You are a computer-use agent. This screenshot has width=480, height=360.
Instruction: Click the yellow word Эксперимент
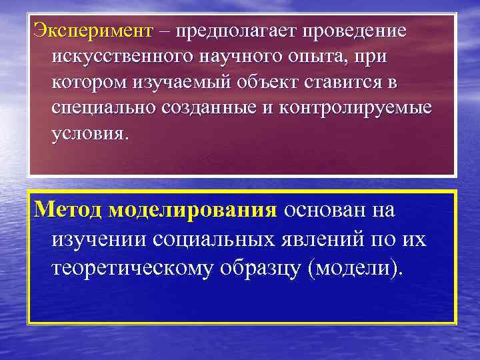[x=93, y=32]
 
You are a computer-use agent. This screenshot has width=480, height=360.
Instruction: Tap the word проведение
[x=355, y=32]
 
